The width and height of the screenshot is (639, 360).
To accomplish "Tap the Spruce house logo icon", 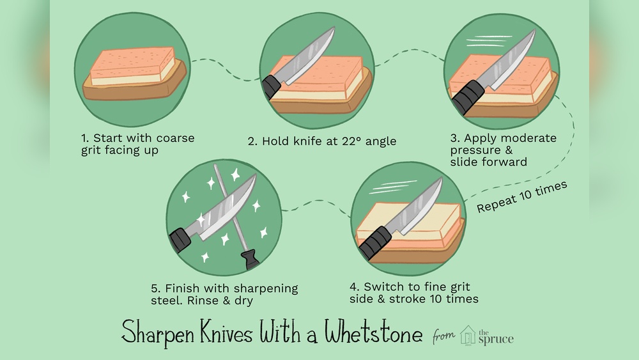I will [x=468, y=334].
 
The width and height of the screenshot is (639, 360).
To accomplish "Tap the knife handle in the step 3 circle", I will [x=468, y=97].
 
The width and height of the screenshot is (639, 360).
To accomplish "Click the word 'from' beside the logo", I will [x=445, y=335].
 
